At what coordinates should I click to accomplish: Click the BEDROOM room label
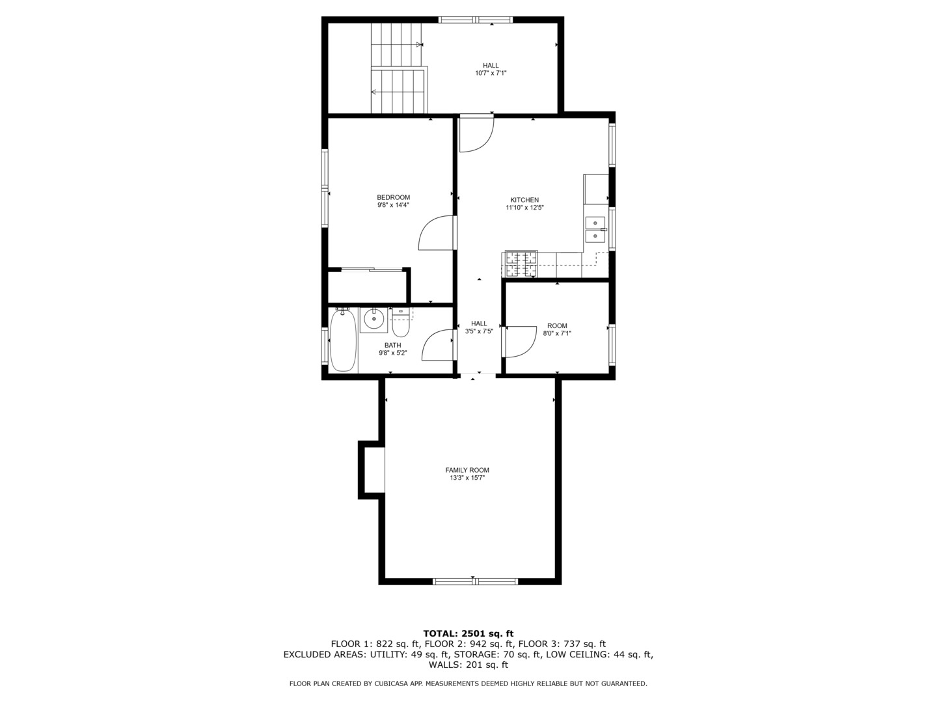pos(393,197)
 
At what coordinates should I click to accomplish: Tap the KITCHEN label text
pos(524,200)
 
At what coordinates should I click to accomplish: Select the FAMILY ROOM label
pos(467,470)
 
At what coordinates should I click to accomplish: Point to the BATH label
pos(392,345)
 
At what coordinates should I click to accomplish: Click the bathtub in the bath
pos(343,340)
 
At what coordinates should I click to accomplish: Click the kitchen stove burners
pos(520,264)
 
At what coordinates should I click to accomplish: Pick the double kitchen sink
pos(595,229)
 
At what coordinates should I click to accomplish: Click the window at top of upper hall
pos(476,20)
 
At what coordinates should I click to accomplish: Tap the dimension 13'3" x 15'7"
pos(467,478)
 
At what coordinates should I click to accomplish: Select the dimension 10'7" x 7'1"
pos(491,73)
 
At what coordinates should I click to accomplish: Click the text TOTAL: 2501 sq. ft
pos(468,633)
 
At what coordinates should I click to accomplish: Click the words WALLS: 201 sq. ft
pos(468,665)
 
